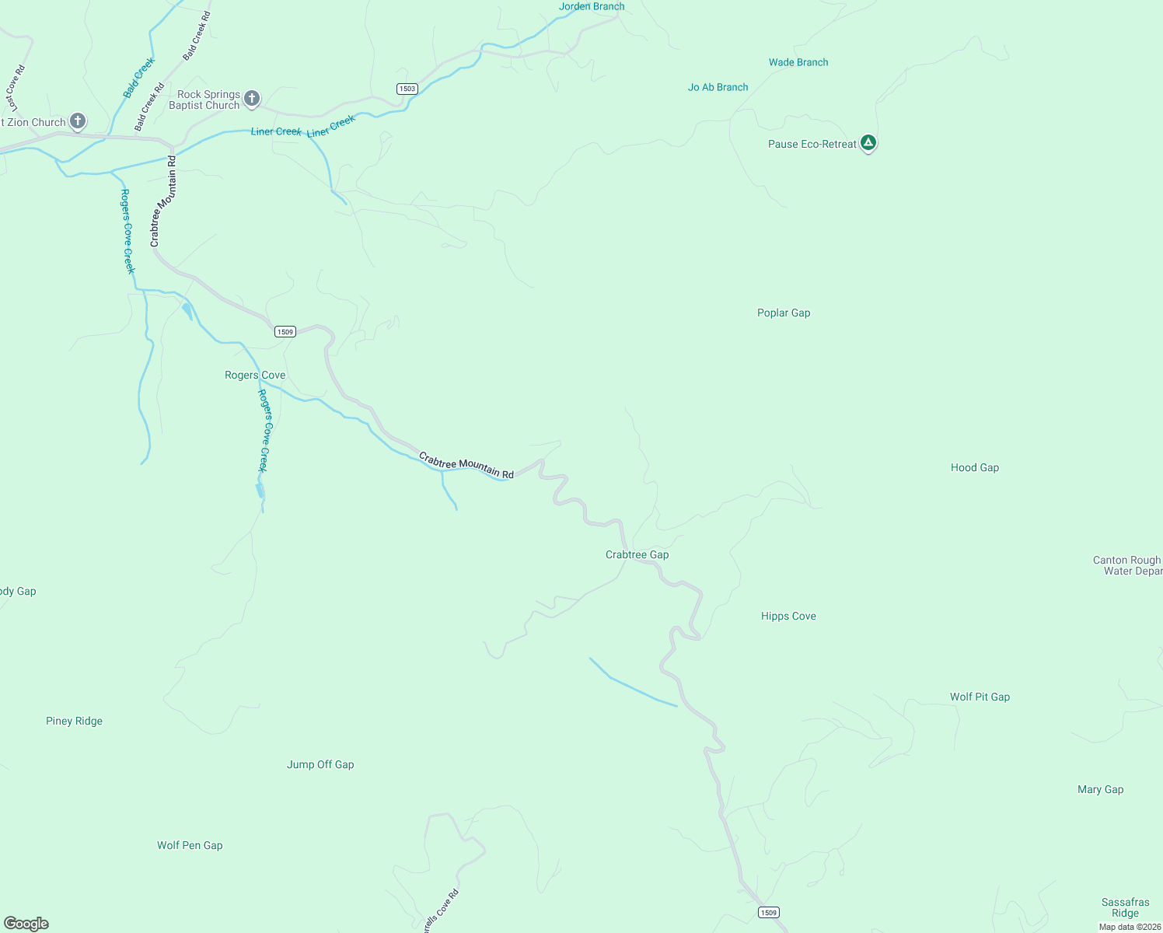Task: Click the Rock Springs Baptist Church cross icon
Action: (251, 98)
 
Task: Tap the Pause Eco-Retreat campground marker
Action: (868, 143)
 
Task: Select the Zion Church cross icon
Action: (77, 121)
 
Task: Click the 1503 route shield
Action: (407, 89)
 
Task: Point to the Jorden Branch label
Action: (592, 6)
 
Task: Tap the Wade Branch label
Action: (798, 62)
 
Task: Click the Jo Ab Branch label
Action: (718, 87)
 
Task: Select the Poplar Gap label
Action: (784, 313)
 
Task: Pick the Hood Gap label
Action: (974, 467)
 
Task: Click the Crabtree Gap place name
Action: (637, 554)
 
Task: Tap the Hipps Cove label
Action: (788, 616)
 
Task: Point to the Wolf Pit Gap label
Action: (980, 697)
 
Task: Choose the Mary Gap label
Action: (1100, 789)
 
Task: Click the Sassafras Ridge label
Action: (1125, 907)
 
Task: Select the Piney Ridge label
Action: (74, 721)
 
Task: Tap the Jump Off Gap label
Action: (320, 764)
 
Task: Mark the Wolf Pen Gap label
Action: (190, 845)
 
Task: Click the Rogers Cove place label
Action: (255, 375)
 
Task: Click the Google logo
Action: (26, 924)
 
